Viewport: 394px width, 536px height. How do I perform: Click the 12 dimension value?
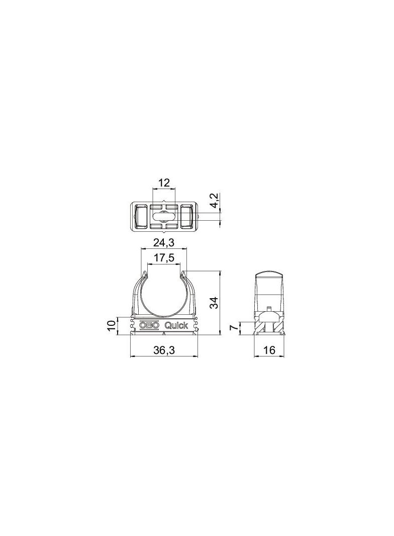pos(164,183)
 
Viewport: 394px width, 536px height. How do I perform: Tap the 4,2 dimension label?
pos(214,200)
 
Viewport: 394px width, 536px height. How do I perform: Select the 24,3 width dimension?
pos(164,243)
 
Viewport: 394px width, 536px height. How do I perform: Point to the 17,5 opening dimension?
pos(164,258)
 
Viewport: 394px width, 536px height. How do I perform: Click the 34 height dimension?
pos(214,303)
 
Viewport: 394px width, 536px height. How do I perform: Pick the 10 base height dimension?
pos(111,326)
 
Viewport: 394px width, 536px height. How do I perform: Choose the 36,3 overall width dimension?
pos(164,351)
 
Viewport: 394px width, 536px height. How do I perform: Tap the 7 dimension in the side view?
pos(233,328)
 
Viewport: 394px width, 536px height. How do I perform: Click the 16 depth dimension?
pos(269,350)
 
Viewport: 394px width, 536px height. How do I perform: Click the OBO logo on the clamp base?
pos(149,325)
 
